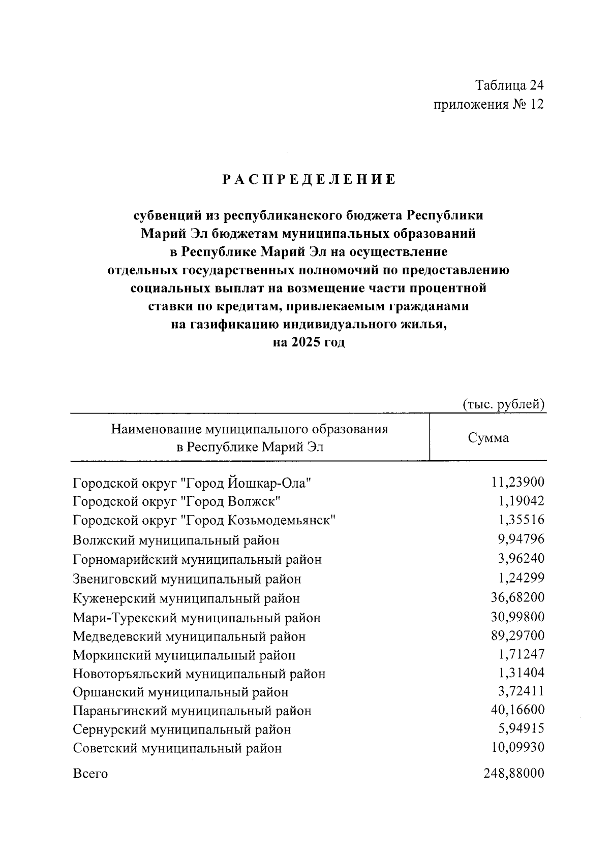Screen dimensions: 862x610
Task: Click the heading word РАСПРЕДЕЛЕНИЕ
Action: (309, 179)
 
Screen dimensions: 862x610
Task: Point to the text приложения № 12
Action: (489, 105)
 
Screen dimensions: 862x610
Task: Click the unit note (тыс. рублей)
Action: (504, 404)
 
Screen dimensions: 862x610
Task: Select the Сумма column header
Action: (488, 438)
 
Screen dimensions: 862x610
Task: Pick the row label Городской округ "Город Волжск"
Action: (177, 502)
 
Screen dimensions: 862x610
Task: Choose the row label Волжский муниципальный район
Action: (176, 540)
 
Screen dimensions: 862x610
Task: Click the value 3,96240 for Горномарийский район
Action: (521, 559)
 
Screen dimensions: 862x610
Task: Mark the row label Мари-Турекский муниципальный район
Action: (197, 618)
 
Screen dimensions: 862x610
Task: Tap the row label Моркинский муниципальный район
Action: (184, 655)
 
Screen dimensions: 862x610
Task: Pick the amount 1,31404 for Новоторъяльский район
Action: (521, 673)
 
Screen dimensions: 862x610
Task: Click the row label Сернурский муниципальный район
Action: (182, 730)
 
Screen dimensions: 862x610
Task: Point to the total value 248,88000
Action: (513, 774)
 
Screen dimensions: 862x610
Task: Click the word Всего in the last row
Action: (90, 774)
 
